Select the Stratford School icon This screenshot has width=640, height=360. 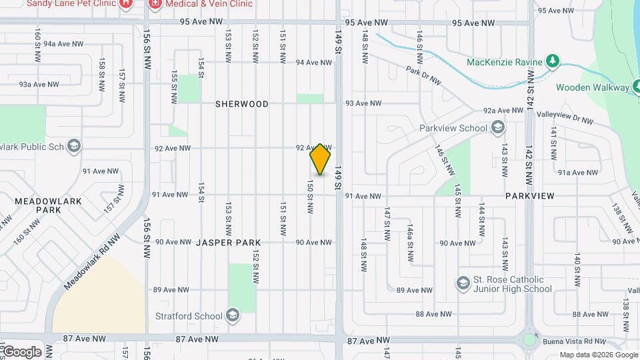coord(232,315)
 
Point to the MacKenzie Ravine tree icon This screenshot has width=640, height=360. coord(552,62)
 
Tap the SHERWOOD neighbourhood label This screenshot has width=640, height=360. coord(242,104)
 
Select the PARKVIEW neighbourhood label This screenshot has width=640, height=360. coord(529,196)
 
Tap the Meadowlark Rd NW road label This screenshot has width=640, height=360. coord(93,261)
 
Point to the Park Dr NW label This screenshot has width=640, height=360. coord(423,75)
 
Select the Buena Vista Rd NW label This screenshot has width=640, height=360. coord(578,339)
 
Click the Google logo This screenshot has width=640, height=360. coord(21,352)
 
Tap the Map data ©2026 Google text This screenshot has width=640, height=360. coord(598,355)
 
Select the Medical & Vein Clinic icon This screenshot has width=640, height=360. coord(155,3)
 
